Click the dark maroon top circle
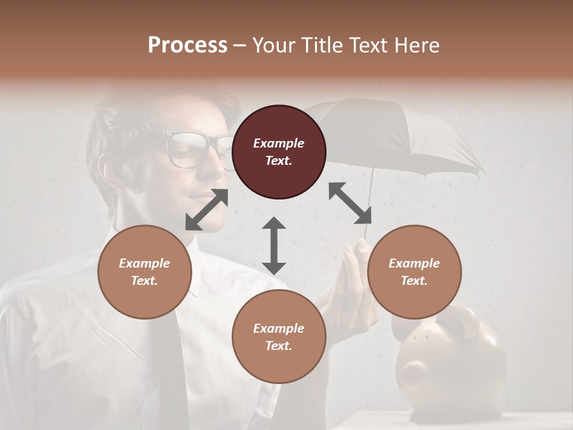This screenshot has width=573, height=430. (279, 152)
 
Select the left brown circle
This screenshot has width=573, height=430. (144, 272)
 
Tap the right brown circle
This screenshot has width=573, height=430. (414, 272)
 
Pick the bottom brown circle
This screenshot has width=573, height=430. (279, 337)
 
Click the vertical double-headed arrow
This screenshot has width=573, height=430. (274, 245)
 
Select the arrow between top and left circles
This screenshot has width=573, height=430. (207, 210)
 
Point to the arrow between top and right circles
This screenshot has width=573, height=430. (350, 203)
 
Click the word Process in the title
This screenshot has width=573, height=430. (187, 45)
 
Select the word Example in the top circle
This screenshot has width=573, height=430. (279, 143)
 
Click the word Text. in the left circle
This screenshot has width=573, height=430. (144, 281)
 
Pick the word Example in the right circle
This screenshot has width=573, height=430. (414, 263)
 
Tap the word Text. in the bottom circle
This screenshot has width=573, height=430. (279, 346)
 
